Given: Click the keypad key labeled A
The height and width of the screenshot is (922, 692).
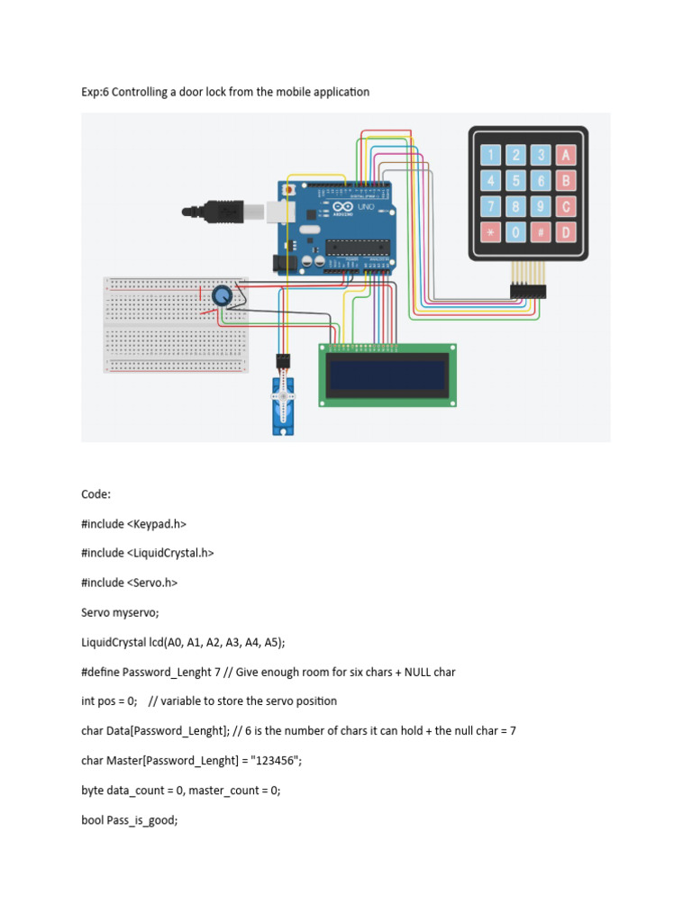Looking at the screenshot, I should pyautogui.click(x=566, y=154).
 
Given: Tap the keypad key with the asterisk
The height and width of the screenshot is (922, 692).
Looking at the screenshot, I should pyautogui.click(x=490, y=232).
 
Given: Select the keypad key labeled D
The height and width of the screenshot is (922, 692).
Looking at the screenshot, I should pyautogui.click(x=566, y=232).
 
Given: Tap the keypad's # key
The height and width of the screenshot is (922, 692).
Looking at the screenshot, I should pyautogui.click(x=541, y=232).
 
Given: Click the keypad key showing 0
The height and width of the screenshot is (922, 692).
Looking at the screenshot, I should pyautogui.click(x=515, y=232).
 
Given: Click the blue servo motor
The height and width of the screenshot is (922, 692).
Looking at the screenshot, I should pyautogui.click(x=284, y=405).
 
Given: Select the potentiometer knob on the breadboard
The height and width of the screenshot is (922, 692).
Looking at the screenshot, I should pyautogui.click(x=221, y=295).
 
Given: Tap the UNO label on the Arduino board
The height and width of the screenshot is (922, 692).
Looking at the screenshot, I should pyautogui.click(x=366, y=207).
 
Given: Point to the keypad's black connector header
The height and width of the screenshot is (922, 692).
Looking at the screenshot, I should pyautogui.click(x=529, y=291).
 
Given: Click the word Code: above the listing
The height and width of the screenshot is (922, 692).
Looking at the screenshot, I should pyautogui.click(x=96, y=494).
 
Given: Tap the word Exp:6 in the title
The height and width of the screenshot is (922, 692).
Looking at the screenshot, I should pyautogui.click(x=96, y=92).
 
